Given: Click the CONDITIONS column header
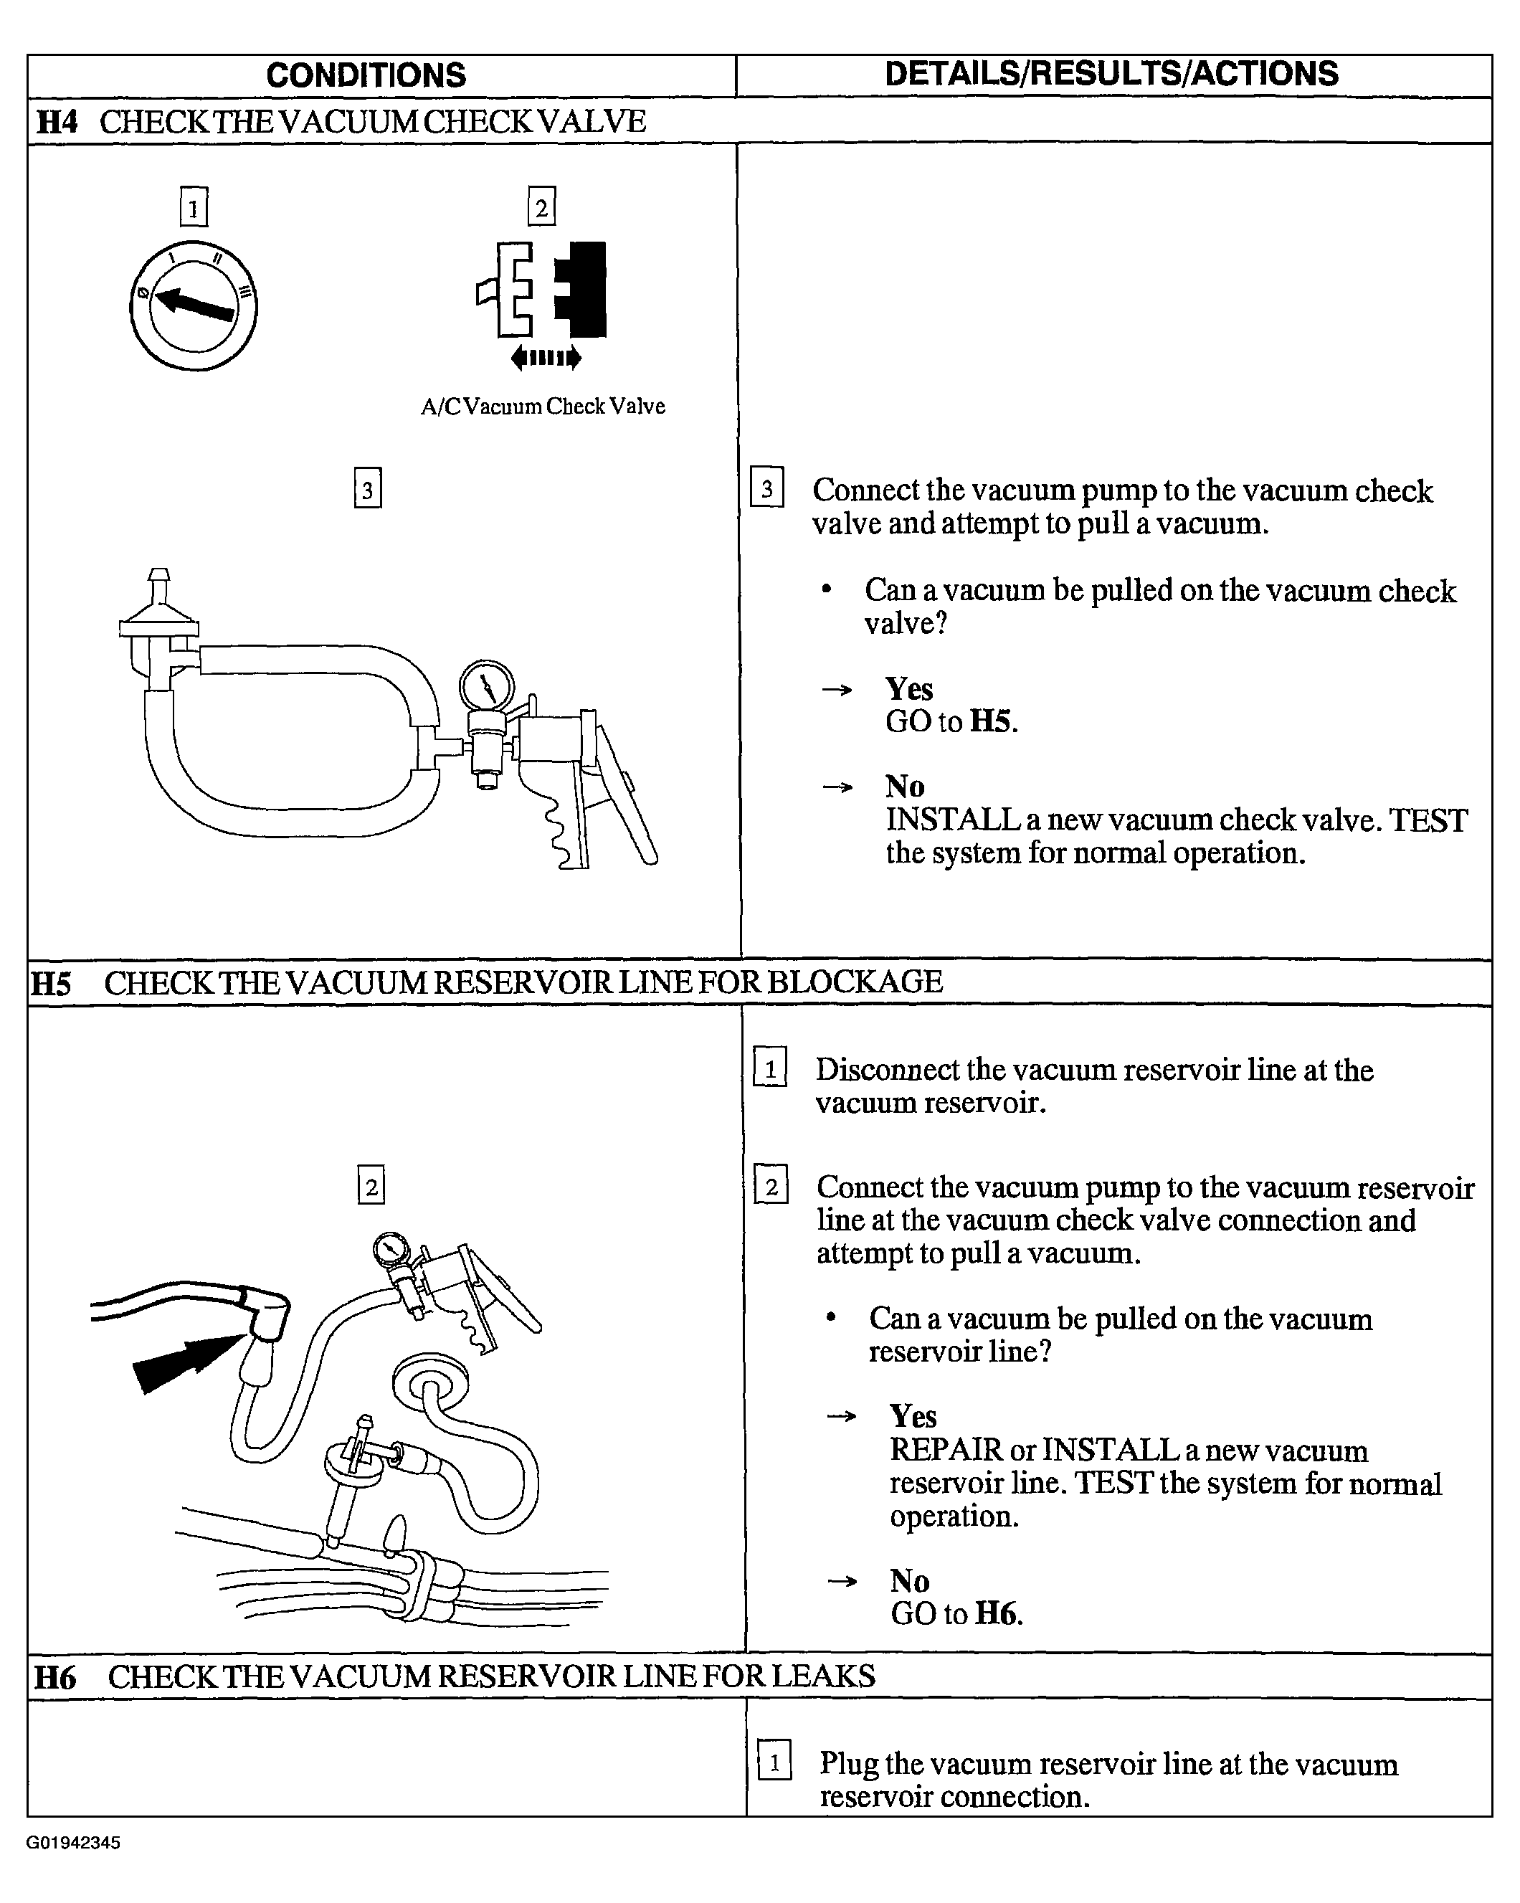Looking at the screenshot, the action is pyautogui.click(x=366, y=75).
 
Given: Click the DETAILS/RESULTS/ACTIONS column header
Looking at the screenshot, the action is pyautogui.click(x=1111, y=74).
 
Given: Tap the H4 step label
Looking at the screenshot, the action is pyautogui.click(x=57, y=122).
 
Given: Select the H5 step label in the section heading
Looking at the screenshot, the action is pyautogui.click(x=51, y=983).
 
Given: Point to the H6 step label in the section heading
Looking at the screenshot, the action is pyautogui.click(x=54, y=1677).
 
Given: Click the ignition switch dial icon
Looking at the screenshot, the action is pyautogui.click(x=194, y=305).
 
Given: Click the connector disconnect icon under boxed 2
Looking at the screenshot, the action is pyautogui.click(x=543, y=303).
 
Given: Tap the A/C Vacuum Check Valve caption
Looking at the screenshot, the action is pyautogui.click(x=543, y=406).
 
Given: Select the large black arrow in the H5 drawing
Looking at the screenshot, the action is pyautogui.click(x=188, y=1361).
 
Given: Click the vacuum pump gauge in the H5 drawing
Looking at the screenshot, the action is pyautogui.click(x=389, y=1249).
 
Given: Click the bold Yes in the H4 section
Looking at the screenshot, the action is pyautogui.click(x=909, y=688).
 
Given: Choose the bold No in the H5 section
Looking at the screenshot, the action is pyautogui.click(x=910, y=1580).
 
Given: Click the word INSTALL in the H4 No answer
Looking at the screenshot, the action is pyautogui.click(x=952, y=820).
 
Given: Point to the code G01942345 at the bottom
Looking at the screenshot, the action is pyautogui.click(x=73, y=1842).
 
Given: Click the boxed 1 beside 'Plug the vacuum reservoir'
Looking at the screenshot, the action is pyautogui.click(x=774, y=1762).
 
